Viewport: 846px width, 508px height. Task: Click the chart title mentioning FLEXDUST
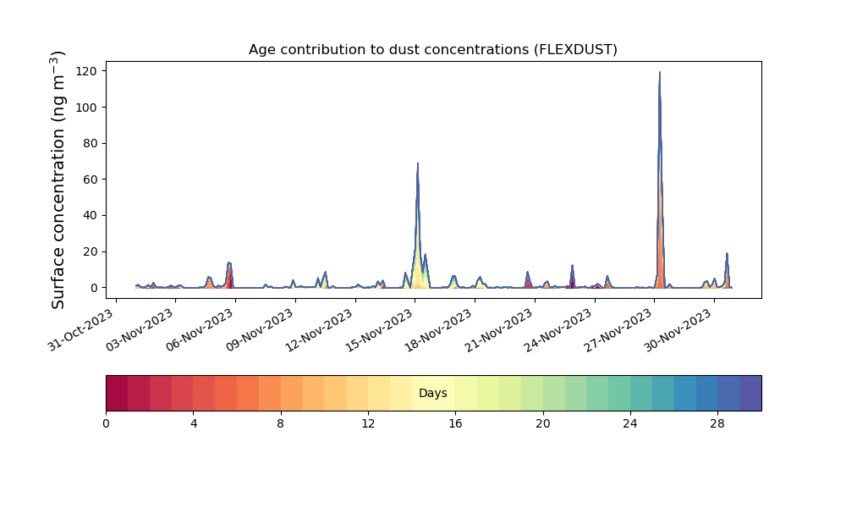point(432,50)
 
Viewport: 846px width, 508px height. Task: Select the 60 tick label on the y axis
point(91,179)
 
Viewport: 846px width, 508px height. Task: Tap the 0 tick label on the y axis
point(95,288)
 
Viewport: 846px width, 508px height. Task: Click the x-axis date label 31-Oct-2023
point(81,330)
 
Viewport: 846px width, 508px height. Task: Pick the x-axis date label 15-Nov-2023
point(379,330)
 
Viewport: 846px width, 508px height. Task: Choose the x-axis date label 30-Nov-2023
point(678,330)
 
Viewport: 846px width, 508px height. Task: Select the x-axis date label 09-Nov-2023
point(260,330)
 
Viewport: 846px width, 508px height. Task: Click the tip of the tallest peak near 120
point(659,72)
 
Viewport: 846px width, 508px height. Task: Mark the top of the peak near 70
point(418,163)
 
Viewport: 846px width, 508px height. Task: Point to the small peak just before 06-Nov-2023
point(229,263)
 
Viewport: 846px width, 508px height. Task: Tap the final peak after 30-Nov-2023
point(727,253)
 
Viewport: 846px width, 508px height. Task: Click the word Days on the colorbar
point(432,393)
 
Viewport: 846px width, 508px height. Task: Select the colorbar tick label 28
point(717,424)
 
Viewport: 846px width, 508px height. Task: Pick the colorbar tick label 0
point(106,424)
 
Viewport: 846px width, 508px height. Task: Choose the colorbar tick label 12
point(368,424)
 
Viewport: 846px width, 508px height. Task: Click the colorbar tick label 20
point(543,424)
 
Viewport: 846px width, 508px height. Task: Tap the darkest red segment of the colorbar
point(117,393)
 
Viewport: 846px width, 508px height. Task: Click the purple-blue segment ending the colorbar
point(750,393)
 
